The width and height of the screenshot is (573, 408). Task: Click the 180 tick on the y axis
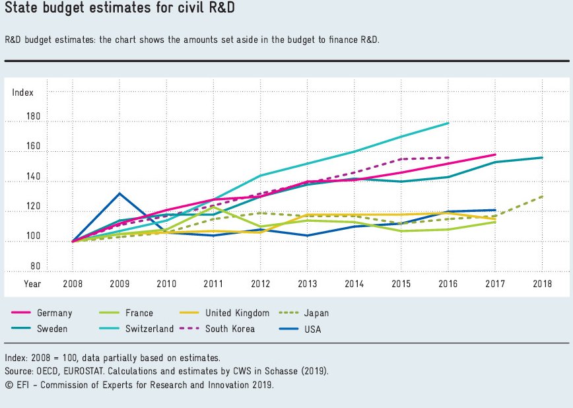click(x=34, y=117)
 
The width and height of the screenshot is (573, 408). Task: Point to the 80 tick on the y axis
click(x=36, y=267)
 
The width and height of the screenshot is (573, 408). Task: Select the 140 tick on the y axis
click(x=34, y=177)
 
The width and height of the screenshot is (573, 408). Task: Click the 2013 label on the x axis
click(x=307, y=284)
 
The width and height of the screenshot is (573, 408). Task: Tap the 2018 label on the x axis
click(x=543, y=284)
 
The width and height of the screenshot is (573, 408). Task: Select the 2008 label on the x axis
click(x=73, y=284)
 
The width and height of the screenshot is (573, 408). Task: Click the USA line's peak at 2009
click(x=119, y=193)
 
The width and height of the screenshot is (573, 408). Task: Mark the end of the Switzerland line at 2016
click(x=448, y=123)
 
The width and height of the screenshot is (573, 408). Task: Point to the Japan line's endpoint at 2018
click(x=543, y=196)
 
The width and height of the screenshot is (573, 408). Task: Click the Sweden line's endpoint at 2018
click(x=543, y=157)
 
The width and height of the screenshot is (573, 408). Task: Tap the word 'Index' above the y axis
click(x=22, y=92)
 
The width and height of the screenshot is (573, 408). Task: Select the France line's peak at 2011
click(x=213, y=207)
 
